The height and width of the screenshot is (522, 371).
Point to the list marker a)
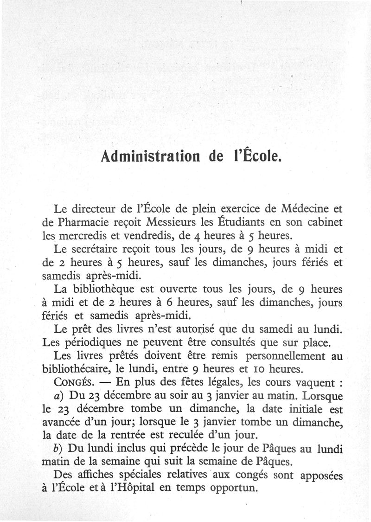(x=59, y=397)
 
